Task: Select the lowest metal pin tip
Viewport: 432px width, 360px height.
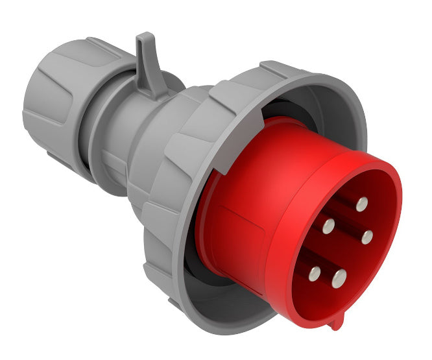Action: coord(339,279)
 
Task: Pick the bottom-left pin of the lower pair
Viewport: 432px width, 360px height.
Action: coord(314,273)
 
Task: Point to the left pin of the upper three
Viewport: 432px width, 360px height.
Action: coord(329,226)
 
